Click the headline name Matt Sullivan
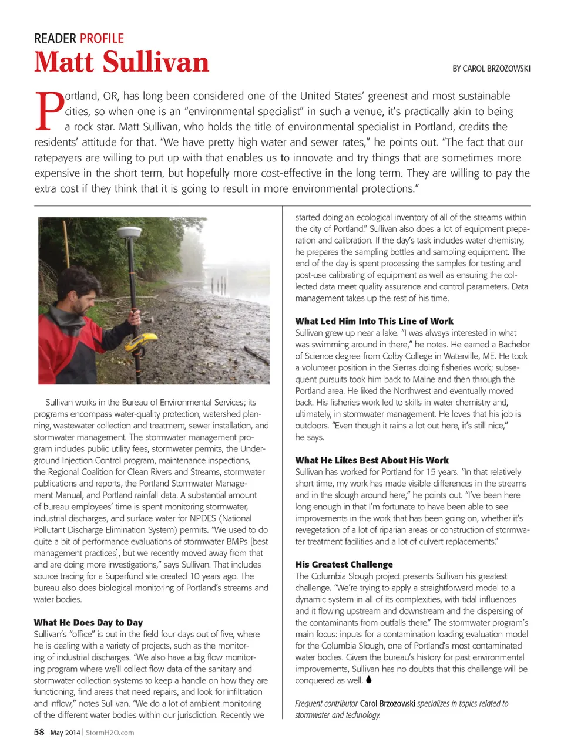[122, 62]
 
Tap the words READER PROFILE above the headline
[79, 39]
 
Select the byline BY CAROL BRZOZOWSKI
[491, 69]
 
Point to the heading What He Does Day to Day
[88, 622]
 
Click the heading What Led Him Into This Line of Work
[374, 321]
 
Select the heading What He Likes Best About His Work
[372, 460]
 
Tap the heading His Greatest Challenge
[344, 565]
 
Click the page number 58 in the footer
[39, 732]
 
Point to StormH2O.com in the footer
[110, 733]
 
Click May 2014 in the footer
[65, 733]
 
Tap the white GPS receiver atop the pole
[129, 233]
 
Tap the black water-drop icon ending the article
[368, 680]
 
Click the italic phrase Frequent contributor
[326, 703]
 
